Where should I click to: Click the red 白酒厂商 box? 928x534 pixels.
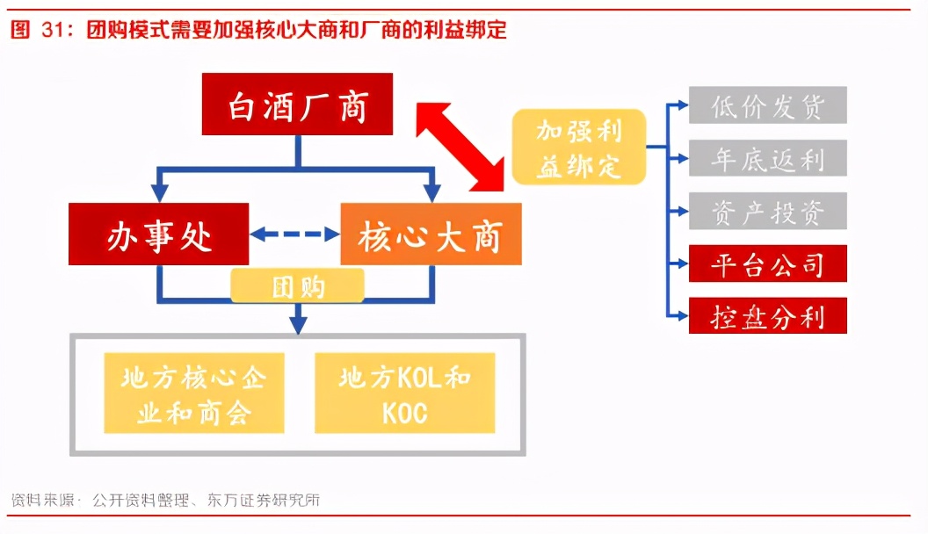[297, 105]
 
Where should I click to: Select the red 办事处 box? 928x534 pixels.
[159, 234]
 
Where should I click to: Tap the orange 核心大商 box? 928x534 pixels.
[431, 234]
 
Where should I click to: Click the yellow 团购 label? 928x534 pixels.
[297, 286]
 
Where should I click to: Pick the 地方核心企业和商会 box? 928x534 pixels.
[193, 393]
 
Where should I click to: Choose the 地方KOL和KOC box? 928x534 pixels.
[404, 393]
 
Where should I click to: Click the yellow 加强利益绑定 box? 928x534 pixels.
[579, 147]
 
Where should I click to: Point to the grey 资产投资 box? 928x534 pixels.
[767, 211]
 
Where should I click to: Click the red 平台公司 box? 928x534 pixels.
[767, 263]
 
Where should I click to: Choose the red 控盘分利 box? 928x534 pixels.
[767, 315]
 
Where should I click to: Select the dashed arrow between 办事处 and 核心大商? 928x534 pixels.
[294, 234]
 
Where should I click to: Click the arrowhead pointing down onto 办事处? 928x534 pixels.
[159, 193]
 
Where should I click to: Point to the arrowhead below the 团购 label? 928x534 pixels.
[298, 323]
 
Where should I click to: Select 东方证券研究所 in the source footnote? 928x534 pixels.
[263, 501]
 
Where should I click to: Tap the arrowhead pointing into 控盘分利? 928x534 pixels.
[681, 315]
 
